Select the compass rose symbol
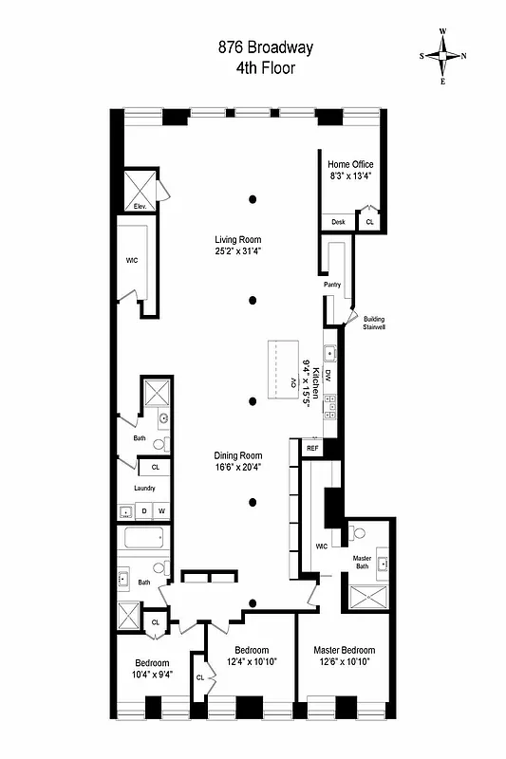pyautogui.click(x=443, y=55)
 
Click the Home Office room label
pyautogui.click(x=351, y=163)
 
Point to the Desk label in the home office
pyautogui.click(x=338, y=222)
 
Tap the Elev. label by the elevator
pyautogui.click(x=139, y=207)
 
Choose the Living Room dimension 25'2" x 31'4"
pyautogui.click(x=237, y=252)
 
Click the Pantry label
pyautogui.click(x=331, y=284)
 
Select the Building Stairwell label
pyautogui.click(x=373, y=324)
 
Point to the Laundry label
pyautogui.click(x=144, y=488)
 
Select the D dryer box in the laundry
pyautogui.click(x=144, y=511)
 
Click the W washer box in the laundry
pyautogui.click(x=161, y=511)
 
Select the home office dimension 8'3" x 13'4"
pyautogui.click(x=351, y=176)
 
